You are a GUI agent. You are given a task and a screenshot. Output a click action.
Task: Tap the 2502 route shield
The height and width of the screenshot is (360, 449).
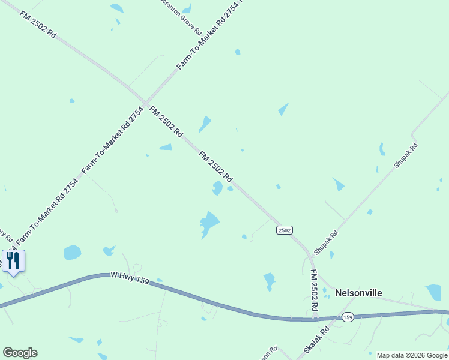point(285,230)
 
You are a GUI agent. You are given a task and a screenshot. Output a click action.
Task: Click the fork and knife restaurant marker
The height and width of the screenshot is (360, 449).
point(13,261)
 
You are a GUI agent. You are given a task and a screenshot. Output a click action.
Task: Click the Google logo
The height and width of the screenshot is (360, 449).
point(20,353)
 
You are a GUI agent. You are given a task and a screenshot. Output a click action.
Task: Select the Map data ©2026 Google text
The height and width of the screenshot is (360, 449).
point(412,355)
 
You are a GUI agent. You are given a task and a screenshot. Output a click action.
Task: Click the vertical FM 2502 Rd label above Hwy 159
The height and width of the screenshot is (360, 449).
point(314,290)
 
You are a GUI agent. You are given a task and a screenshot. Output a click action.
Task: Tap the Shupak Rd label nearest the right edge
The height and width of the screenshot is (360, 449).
point(405,155)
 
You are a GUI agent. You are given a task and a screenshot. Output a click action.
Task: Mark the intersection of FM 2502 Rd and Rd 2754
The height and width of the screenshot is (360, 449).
point(145,101)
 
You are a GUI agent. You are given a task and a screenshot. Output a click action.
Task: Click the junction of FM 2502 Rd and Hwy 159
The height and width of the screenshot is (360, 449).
point(315,318)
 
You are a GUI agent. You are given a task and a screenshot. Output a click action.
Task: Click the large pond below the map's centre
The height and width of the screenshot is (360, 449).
point(208,224)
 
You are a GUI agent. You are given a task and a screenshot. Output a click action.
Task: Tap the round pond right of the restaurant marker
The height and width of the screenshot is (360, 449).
point(72,253)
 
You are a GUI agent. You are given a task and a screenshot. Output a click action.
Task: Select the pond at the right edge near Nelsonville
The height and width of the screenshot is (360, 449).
point(433,292)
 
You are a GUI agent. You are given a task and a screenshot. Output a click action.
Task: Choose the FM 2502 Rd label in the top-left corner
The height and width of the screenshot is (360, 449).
point(38,25)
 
